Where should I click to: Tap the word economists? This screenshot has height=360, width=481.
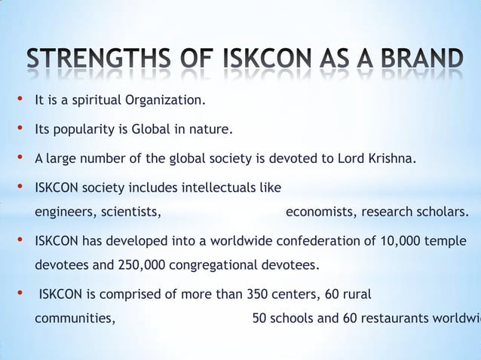coord(320,212)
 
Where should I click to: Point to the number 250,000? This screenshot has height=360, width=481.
coord(140,265)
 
